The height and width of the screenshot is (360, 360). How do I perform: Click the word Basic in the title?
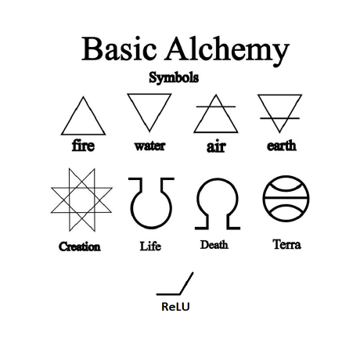click(119, 49)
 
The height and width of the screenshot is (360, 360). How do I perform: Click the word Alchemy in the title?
click(227, 51)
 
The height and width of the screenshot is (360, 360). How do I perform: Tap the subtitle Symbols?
click(174, 77)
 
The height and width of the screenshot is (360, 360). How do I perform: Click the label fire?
click(83, 146)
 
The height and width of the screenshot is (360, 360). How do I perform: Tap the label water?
click(149, 146)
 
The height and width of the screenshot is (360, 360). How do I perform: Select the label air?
click(216, 146)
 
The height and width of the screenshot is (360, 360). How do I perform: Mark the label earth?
click(282, 146)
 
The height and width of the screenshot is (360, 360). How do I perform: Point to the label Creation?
click(80, 247)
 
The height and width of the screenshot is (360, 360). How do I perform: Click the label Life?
click(150, 246)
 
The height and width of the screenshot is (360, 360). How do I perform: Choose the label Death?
click(214, 245)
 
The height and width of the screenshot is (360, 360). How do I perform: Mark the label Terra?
click(286, 244)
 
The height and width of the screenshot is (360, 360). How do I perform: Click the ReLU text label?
click(175, 307)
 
